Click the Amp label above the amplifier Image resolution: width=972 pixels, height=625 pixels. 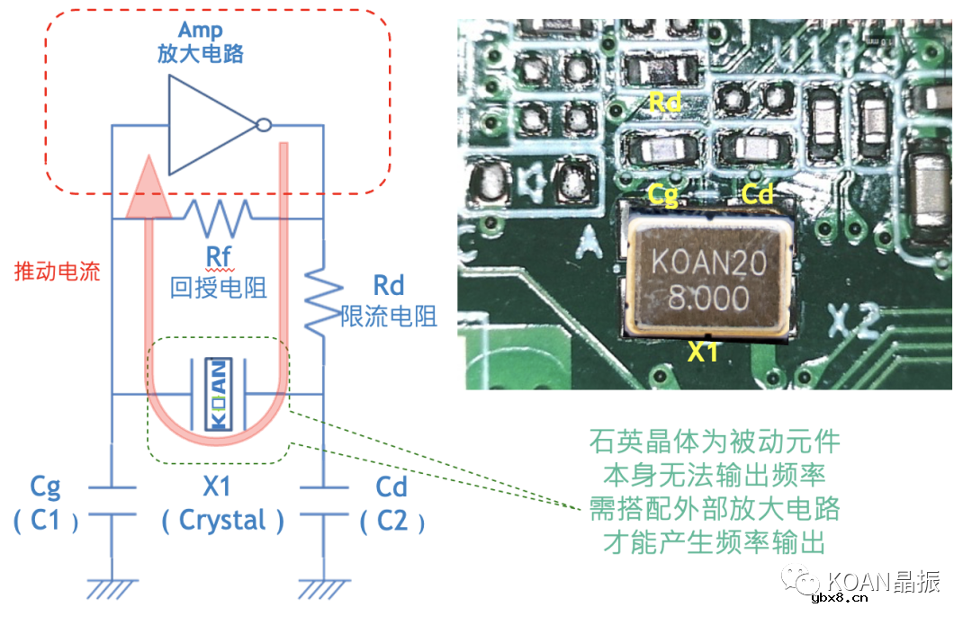tap(199, 29)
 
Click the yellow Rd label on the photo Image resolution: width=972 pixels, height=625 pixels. tap(664, 103)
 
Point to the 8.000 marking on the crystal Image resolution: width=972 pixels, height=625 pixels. tap(708, 298)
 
